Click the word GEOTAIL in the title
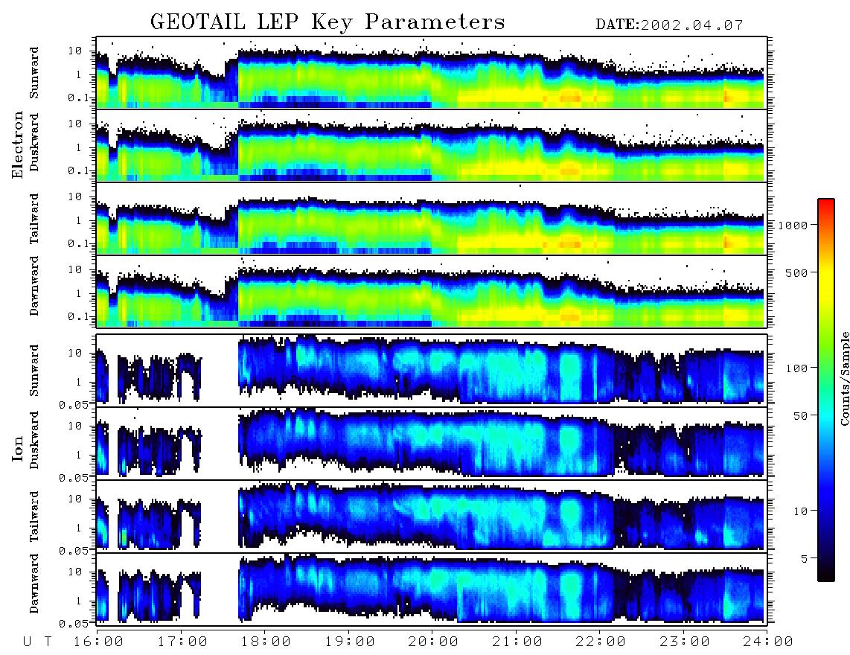198,22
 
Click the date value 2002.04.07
691,25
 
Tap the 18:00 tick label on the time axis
266,642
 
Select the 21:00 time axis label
517,642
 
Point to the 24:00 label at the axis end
767,642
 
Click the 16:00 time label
98,642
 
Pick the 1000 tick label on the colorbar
793,225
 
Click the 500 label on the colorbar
796,272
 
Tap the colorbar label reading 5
805,558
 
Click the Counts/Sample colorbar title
844,378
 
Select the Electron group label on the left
18,144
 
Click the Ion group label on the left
18,448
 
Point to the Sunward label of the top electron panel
34,73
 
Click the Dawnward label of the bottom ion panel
34,584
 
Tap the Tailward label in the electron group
34,218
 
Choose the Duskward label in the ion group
34,440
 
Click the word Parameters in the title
435,22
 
